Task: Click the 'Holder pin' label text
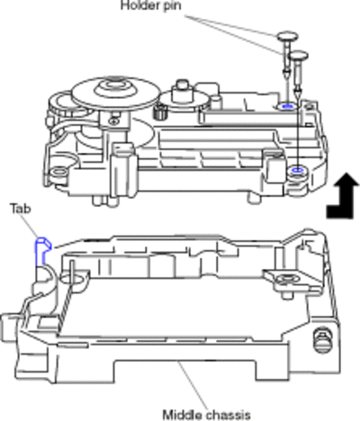151,5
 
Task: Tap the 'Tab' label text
21,208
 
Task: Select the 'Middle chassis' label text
206,415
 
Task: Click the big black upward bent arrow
343,195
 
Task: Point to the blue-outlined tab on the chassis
41,251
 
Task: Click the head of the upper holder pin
287,37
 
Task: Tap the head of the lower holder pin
298,55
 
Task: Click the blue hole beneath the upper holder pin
287,106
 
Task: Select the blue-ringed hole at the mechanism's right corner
297,171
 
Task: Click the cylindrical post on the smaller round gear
181,90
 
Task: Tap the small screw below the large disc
113,121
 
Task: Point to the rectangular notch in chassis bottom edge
185,370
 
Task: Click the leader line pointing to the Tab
31,226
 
